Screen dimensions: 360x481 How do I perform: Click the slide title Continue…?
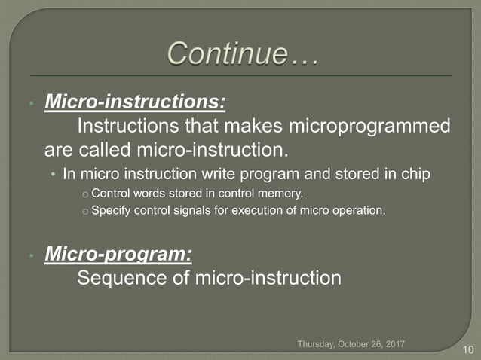[242, 54]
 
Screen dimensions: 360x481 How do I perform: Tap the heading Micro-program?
[118, 255]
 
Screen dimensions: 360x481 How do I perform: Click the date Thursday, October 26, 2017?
[351, 343]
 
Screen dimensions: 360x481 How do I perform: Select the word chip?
[415, 174]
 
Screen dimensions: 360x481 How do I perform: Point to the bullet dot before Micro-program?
[31, 256]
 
